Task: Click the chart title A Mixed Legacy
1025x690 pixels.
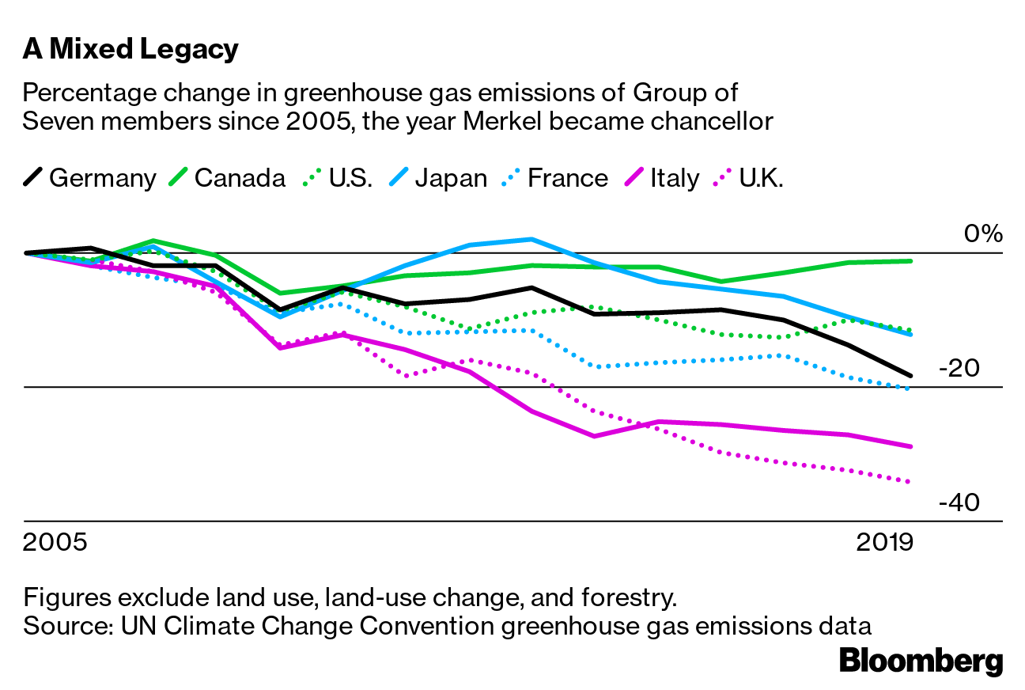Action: pos(130,50)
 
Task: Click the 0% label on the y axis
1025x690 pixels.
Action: pos(983,234)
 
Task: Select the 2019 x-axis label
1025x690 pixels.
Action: pos(884,544)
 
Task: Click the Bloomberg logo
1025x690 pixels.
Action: pos(921,661)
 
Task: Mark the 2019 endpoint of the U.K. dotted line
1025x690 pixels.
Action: pos(910,482)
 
